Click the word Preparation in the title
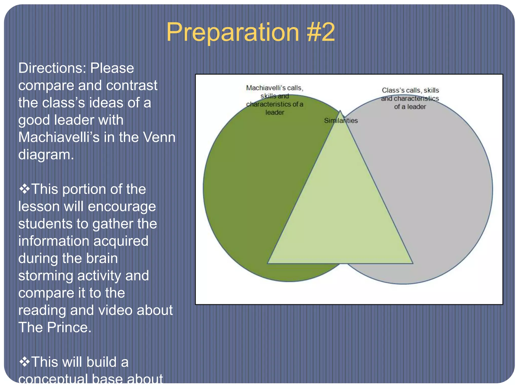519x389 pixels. tap(232, 32)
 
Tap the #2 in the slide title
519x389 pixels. tap(321, 32)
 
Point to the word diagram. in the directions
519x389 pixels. tap(46, 154)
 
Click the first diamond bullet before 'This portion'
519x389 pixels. tap(24, 189)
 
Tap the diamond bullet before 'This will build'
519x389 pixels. tap(24, 362)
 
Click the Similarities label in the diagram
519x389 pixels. tap(341, 121)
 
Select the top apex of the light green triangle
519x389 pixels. tap(340, 111)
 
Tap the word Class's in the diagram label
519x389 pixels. tap(393, 90)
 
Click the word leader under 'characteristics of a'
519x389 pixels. tap(275, 112)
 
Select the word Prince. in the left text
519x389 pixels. tap(69, 327)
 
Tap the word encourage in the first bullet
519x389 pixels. tap(122, 206)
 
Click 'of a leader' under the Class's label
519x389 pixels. tap(410, 107)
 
